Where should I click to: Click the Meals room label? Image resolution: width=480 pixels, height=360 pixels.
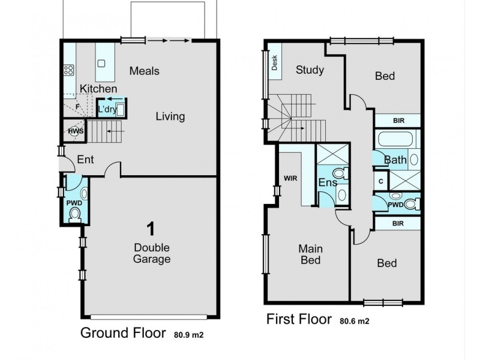(144, 71)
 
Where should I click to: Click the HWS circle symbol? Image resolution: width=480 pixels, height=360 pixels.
(76, 131)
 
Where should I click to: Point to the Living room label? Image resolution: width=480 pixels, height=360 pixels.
(170, 116)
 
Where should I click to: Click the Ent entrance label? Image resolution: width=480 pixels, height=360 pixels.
(84, 160)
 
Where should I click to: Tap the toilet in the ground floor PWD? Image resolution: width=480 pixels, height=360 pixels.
(76, 214)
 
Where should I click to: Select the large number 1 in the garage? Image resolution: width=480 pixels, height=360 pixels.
(152, 228)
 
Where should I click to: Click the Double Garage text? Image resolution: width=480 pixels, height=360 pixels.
(152, 253)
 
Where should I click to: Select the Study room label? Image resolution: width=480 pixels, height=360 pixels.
(310, 70)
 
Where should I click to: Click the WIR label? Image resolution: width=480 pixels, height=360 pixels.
(290, 178)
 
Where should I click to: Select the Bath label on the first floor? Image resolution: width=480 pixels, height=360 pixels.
(395, 160)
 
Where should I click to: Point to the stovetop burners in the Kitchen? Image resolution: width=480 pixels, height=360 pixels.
(69, 70)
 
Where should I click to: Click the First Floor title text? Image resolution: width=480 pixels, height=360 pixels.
(299, 319)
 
